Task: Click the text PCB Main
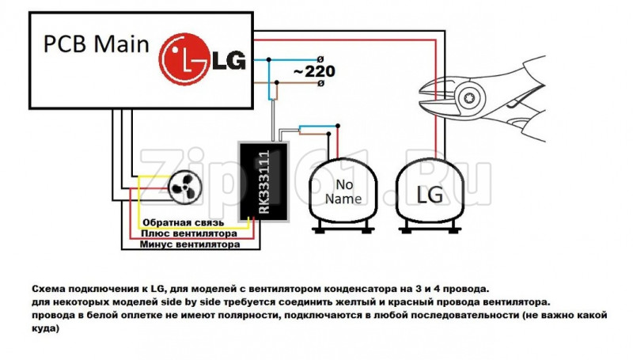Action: click(96, 45)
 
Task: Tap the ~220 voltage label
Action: click(313, 71)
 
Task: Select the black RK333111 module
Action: click(263, 182)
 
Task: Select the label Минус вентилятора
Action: click(190, 245)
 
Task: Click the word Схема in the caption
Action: click(49, 290)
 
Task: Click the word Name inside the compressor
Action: click(342, 199)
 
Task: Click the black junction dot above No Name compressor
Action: click(339, 124)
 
